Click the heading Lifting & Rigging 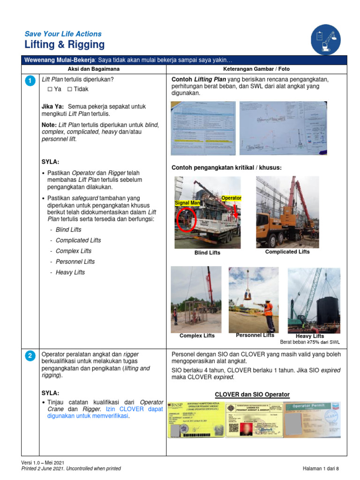(x=65, y=45)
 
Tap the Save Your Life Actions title (x=63, y=34)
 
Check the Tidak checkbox (x=69, y=89)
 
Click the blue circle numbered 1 (x=30, y=82)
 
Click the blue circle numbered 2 (x=30, y=356)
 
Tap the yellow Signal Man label (x=187, y=203)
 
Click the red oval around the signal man (x=186, y=219)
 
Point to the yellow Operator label (x=231, y=198)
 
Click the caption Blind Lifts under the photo (x=207, y=253)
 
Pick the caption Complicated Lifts (x=287, y=252)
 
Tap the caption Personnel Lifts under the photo (x=255, y=335)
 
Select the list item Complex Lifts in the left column (x=74, y=251)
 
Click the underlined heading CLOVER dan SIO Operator (x=252, y=394)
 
